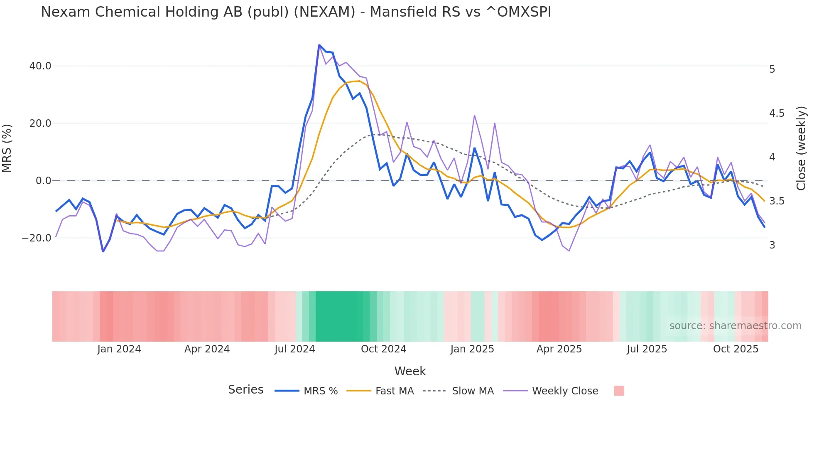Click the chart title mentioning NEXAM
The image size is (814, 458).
click(x=296, y=12)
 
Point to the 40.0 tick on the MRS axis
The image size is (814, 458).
click(x=40, y=66)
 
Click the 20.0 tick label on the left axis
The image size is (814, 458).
click(x=40, y=123)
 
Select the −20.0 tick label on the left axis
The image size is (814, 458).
click(x=37, y=238)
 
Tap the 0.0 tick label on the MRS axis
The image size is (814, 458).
click(x=43, y=181)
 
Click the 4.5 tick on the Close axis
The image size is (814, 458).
click(x=777, y=113)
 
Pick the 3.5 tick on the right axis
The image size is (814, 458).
click(x=777, y=201)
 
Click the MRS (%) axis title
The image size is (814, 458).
click(x=7, y=148)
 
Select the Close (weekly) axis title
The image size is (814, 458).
click(x=801, y=148)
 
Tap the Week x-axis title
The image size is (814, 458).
click(x=410, y=371)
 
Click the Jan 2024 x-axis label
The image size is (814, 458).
click(x=119, y=349)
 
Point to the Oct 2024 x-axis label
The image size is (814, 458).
click(x=383, y=349)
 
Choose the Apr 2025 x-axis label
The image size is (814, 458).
click(x=559, y=349)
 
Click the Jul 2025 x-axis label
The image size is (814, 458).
click(x=647, y=349)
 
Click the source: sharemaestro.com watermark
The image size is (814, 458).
click(x=735, y=326)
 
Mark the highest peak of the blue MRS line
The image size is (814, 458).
click(x=319, y=45)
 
